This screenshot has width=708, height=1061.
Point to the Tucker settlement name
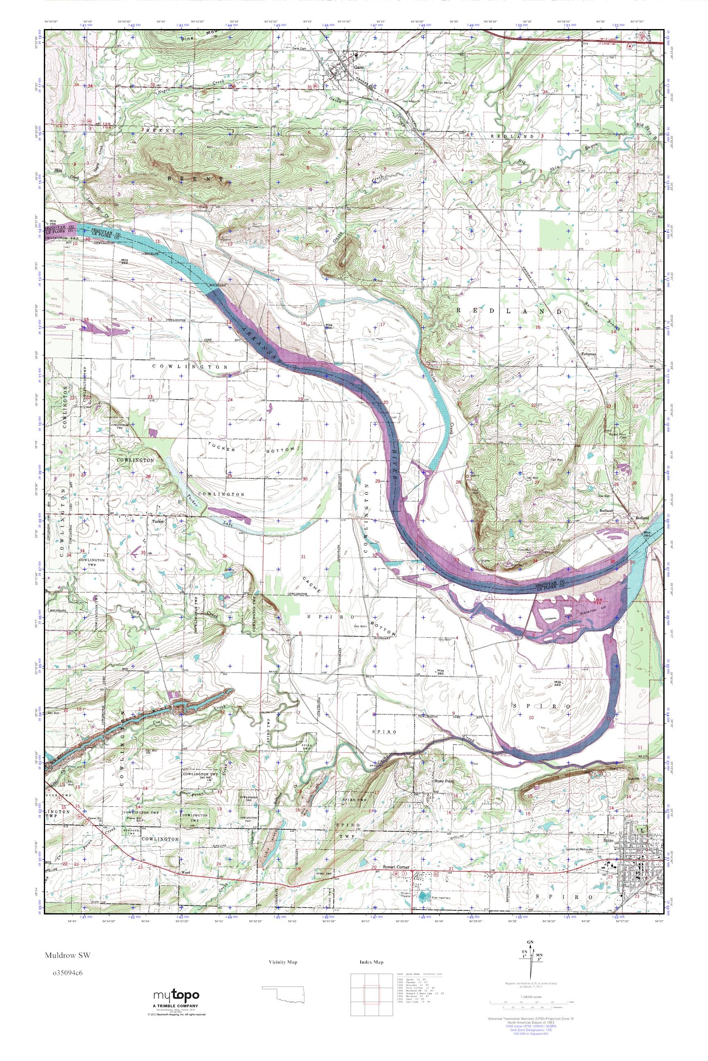pyautogui.click(x=157, y=521)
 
